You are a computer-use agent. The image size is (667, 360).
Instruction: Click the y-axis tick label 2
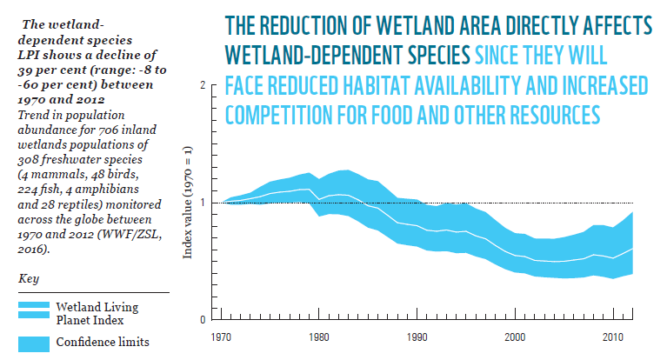(x=202, y=86)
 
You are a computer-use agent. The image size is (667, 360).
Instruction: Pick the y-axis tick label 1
(x=202, y=203)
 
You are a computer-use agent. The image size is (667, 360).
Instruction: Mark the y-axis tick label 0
(x=202, y=319)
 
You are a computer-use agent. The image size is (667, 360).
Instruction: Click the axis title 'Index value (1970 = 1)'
(x=186, y=203)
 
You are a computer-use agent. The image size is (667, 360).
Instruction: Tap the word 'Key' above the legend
(x=27, y=279)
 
